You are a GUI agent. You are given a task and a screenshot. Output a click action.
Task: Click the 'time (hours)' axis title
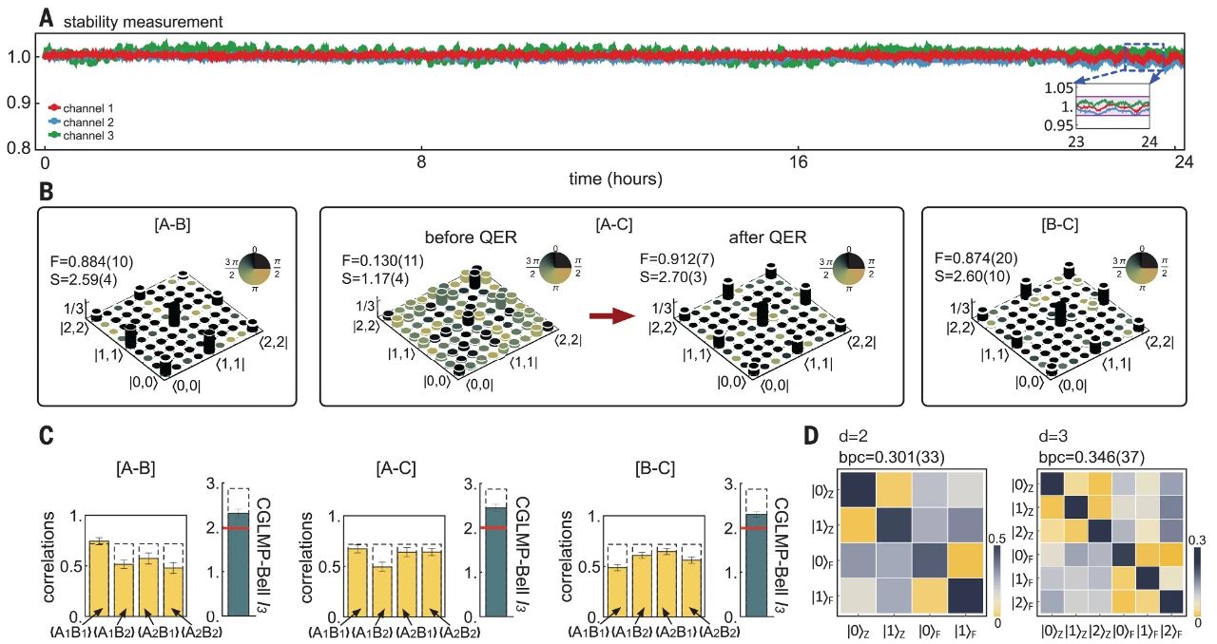615,179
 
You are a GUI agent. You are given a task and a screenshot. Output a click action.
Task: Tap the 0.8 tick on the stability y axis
20,147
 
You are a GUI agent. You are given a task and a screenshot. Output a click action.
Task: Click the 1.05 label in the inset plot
1057,88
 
